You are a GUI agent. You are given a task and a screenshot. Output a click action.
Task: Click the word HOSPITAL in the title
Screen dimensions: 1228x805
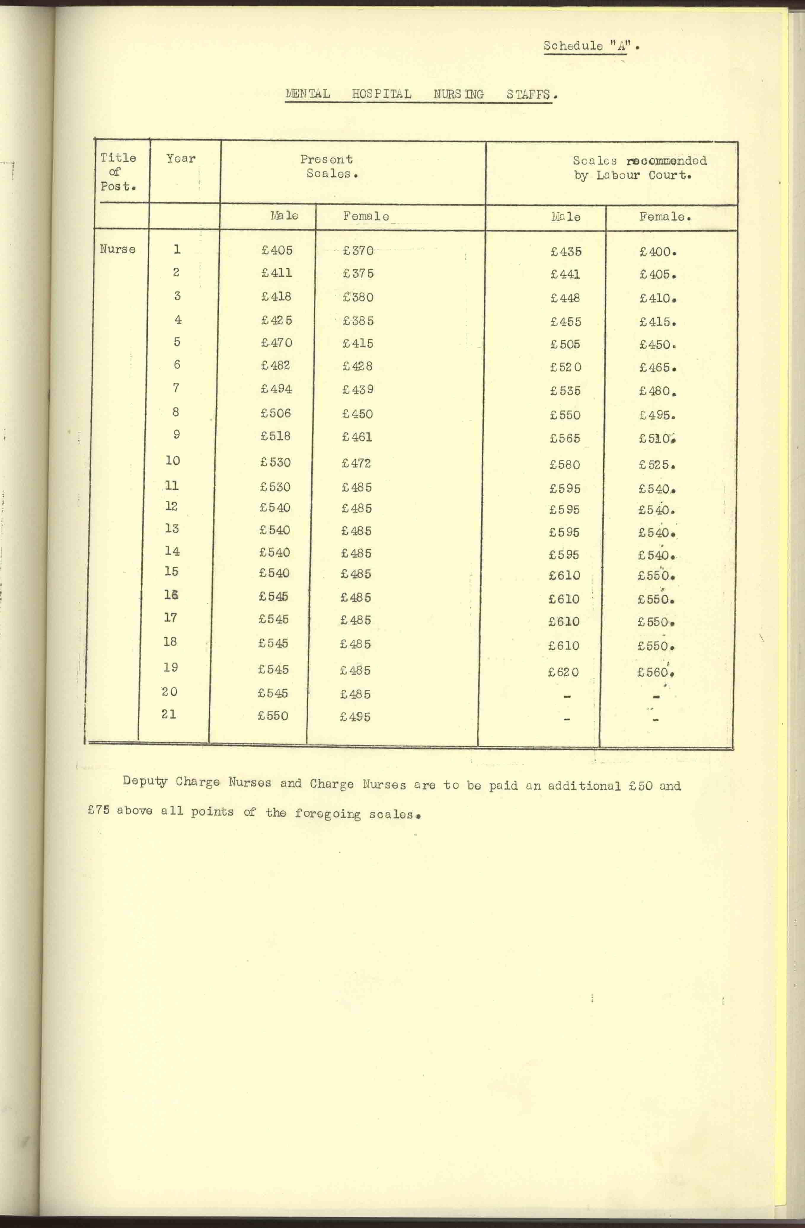coord(381,94)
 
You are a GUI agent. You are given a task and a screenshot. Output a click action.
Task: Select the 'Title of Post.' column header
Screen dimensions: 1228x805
coord(118,172)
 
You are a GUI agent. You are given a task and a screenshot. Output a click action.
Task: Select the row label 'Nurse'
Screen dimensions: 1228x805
coord(118,249)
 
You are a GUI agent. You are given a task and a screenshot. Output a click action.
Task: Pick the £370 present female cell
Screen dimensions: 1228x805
coord(358,251)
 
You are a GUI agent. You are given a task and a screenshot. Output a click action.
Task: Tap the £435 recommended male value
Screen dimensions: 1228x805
coord(566,252)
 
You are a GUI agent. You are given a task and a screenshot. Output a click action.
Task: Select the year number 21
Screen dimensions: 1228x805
coord(169,714)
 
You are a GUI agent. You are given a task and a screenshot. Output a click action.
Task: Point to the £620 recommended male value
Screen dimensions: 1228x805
coord(564,672)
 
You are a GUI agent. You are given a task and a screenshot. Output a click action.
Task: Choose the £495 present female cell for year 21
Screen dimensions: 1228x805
coord(355,717)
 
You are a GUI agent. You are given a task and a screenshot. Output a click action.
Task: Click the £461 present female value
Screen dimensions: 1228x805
coord(357,437)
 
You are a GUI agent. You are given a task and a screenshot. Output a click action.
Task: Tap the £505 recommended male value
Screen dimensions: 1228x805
coord(566,344)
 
